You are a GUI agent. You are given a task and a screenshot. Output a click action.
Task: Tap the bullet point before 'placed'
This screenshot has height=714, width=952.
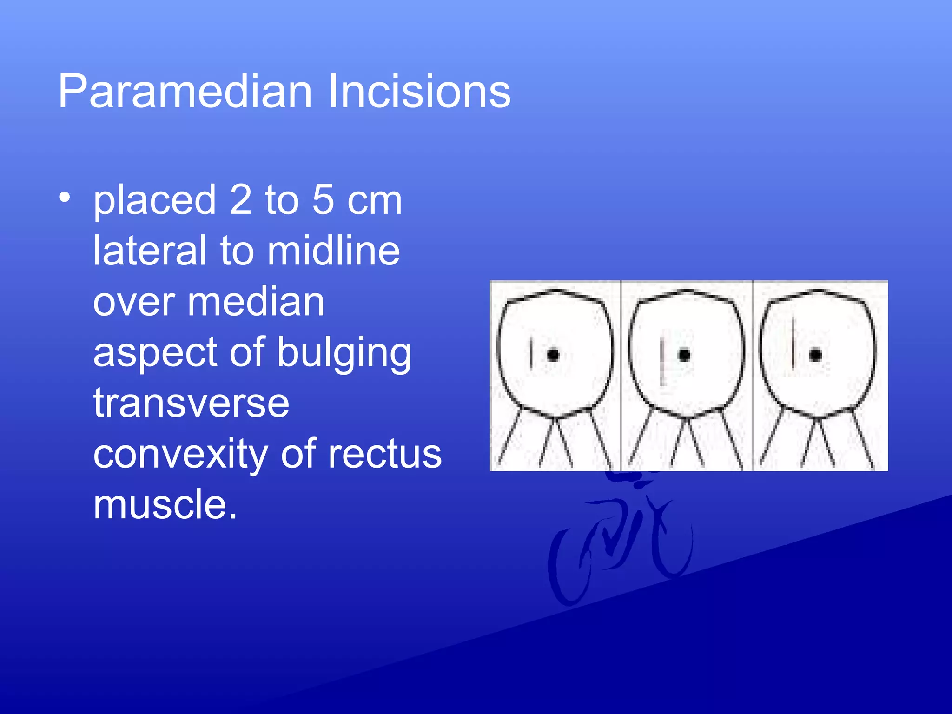point(65,198)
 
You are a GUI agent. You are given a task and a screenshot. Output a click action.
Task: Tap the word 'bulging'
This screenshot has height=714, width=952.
point(344,353)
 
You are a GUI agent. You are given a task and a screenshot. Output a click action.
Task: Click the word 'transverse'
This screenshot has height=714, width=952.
point(191,403)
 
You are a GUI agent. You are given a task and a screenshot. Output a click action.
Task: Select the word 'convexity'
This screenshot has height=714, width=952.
point(180,455)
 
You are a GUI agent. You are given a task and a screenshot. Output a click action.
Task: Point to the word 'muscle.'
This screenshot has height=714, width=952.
point(165,504)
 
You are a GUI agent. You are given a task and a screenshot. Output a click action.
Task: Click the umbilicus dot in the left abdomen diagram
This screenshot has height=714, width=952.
point(553,355)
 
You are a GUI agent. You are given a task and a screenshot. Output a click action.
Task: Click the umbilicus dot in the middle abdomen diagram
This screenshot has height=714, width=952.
point(684,355)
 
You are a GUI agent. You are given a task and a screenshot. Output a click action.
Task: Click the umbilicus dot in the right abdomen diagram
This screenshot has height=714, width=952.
point(815,355)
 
